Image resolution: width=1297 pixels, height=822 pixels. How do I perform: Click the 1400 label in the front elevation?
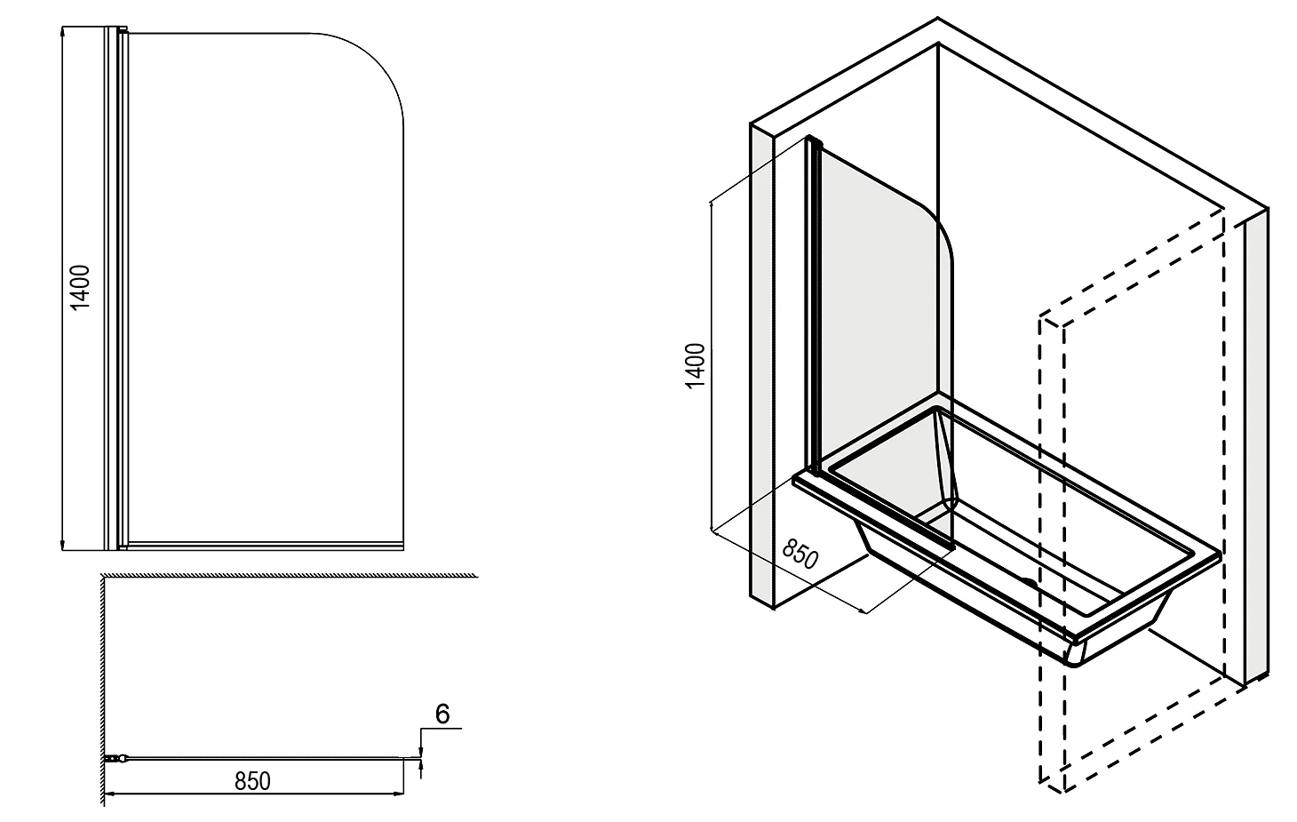click(80, 287)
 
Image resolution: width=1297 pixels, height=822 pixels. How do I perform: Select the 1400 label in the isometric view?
click(695, 365)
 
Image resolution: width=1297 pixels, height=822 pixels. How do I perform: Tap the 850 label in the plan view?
click(252, 781)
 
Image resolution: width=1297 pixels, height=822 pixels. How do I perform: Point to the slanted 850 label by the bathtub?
click(800, 554)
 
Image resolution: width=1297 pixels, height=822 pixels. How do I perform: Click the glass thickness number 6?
click(442, 714)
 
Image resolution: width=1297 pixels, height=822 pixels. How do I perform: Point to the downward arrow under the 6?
click(421, 751)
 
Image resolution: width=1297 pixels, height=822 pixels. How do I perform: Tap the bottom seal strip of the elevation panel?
click(266, 546)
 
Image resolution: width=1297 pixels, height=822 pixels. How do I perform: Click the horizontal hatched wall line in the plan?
click(290, 575)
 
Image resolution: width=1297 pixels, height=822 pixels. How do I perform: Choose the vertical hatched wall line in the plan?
click(103, 690)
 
